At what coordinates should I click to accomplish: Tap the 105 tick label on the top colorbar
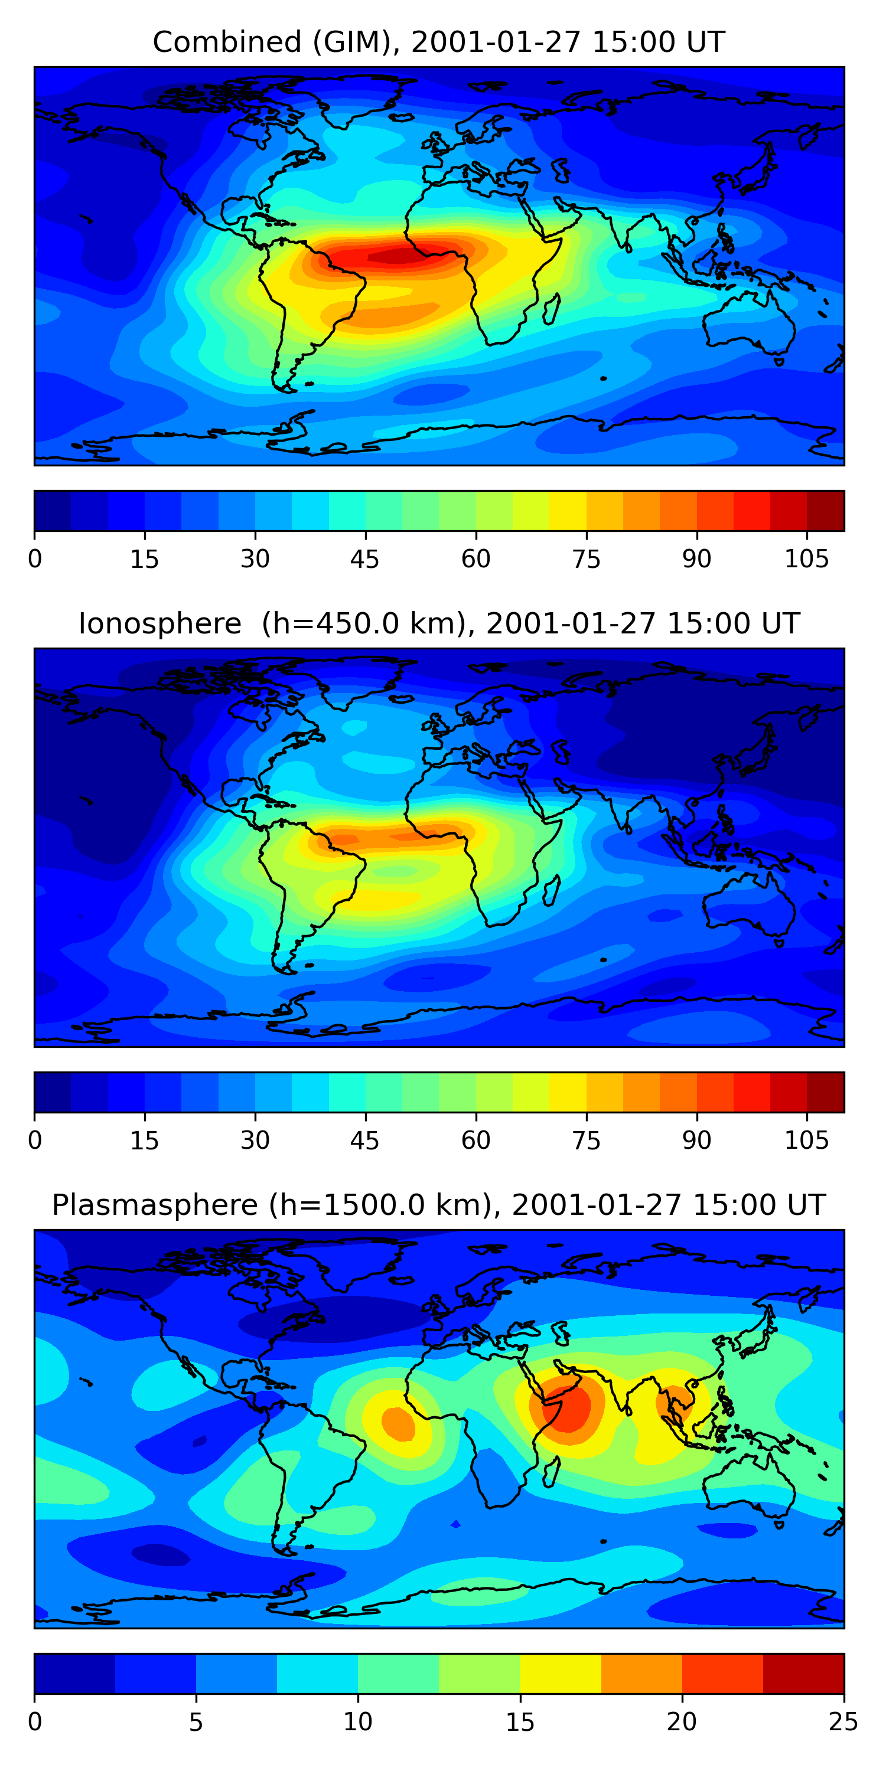point(806,559)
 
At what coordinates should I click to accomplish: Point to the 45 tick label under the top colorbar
point(364,559)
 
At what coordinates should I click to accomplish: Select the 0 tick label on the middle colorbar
point(35,1141)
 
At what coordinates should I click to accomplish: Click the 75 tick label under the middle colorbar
point(586,1141)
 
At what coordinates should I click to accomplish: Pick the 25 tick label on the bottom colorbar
point(843,1722)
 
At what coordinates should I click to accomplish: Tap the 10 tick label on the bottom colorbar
point(358,1722)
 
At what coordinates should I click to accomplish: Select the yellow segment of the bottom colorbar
point(560,1674)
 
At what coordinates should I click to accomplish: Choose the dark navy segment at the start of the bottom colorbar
point(74,1674)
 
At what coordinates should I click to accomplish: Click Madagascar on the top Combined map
point(551,309)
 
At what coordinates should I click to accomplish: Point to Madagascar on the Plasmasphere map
point(551,1473)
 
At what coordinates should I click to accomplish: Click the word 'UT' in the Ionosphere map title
point(781,623)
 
